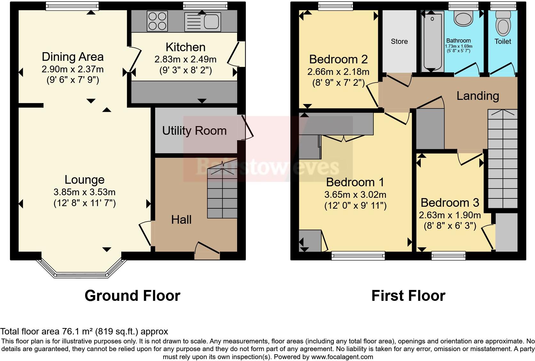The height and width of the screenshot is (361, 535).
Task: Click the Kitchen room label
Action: (x=185, y=47)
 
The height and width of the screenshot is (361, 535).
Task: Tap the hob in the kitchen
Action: (x=157, y=21)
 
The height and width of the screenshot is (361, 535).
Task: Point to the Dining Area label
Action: (x=73, y=57)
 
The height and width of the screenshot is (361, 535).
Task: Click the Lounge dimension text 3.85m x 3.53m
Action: (x=84, y=192)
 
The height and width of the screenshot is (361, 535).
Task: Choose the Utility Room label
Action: (x=194, y=131)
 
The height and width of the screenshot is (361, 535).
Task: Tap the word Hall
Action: (x=181, y=220)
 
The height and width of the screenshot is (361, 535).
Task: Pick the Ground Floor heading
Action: (x=132, y=295)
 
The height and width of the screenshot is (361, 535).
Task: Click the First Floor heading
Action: (x=408, y=295)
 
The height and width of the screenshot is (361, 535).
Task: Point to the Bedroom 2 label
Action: (x=338, y=60)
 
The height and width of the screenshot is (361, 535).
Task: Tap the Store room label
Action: (x=399, y=41)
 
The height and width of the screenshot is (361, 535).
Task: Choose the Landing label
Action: (x=477, y=96)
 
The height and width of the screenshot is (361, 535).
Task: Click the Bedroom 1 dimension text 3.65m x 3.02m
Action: (x=355, y=195)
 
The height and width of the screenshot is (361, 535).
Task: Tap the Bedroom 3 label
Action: (x=450, y=203)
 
